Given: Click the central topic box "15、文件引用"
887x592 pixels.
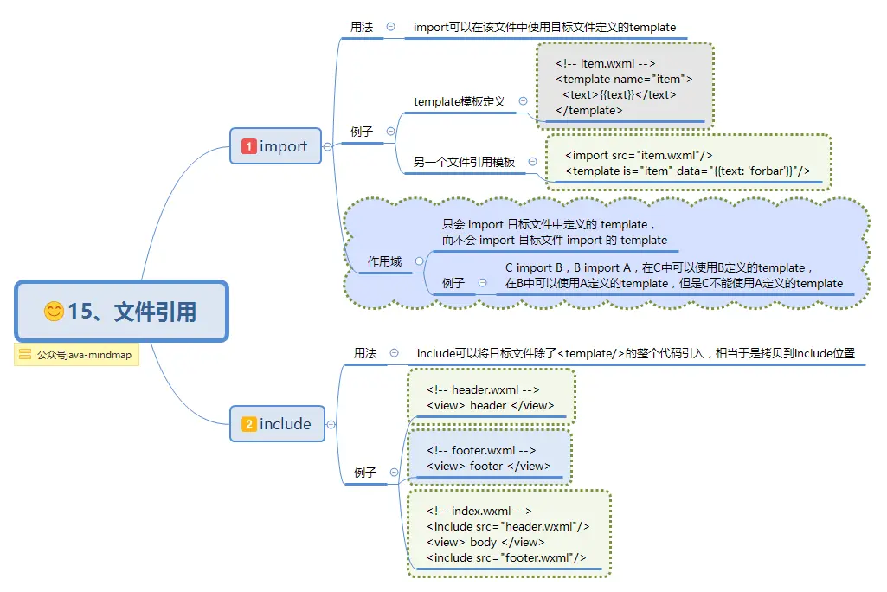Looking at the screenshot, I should point(121,311).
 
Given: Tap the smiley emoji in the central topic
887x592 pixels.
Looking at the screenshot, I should point(54,312).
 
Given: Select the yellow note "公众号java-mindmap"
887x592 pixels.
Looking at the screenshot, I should point(76,355).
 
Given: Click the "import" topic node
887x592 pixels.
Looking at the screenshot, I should point(275,146).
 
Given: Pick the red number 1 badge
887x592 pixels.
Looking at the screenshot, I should point(248,146).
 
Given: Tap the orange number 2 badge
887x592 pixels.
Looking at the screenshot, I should point(248,424).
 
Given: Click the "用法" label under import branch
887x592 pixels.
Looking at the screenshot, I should point(362,27).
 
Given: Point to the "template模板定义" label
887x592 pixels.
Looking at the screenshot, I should point(459,101).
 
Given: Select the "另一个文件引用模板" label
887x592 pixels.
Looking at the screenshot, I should point(464,162).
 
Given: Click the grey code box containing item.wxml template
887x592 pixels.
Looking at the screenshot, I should point(625,87).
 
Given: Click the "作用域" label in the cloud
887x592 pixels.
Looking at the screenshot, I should point(385,261).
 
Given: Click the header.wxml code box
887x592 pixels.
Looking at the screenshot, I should point(490,397).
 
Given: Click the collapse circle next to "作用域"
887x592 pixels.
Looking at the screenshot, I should point(420,261).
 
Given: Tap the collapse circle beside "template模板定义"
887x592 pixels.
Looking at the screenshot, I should point(523,101).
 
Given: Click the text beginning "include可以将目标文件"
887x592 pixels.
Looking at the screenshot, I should point(636,353).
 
